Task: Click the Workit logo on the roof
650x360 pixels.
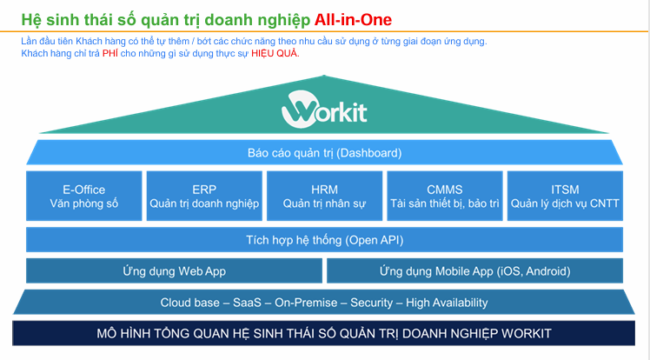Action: (x=324, y=110)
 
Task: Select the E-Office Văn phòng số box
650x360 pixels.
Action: (x=84, y=196)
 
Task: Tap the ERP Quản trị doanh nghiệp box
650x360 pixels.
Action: (x=204, y=196)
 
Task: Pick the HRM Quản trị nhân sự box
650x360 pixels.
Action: (x=325, y=196)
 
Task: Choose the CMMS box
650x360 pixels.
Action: (x=445, y=196)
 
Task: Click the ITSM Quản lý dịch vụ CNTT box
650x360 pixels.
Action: (x=565, y=196)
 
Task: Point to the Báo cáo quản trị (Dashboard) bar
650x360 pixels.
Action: (x=325, y=153)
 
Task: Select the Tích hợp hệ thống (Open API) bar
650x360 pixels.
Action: (x=325, y=240)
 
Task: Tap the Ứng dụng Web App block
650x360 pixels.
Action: (x=174, y=270)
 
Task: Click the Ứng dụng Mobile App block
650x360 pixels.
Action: (x=475, y=270)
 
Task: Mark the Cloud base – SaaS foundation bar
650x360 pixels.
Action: (x=324, y=302)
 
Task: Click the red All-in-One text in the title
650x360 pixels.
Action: (x=353, y=20)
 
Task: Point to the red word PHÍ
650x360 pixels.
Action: (x=110, y=54)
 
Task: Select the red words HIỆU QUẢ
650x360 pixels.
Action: (x=275, y=54)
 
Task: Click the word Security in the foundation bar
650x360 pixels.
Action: (x=371, y=303)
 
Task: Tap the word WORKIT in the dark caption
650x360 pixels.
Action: (x=526, y=333)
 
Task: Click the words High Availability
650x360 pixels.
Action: (x=447, y=303)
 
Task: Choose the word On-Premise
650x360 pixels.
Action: (x=306, y=303)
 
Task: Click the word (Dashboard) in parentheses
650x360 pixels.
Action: (x=369, y=153)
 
